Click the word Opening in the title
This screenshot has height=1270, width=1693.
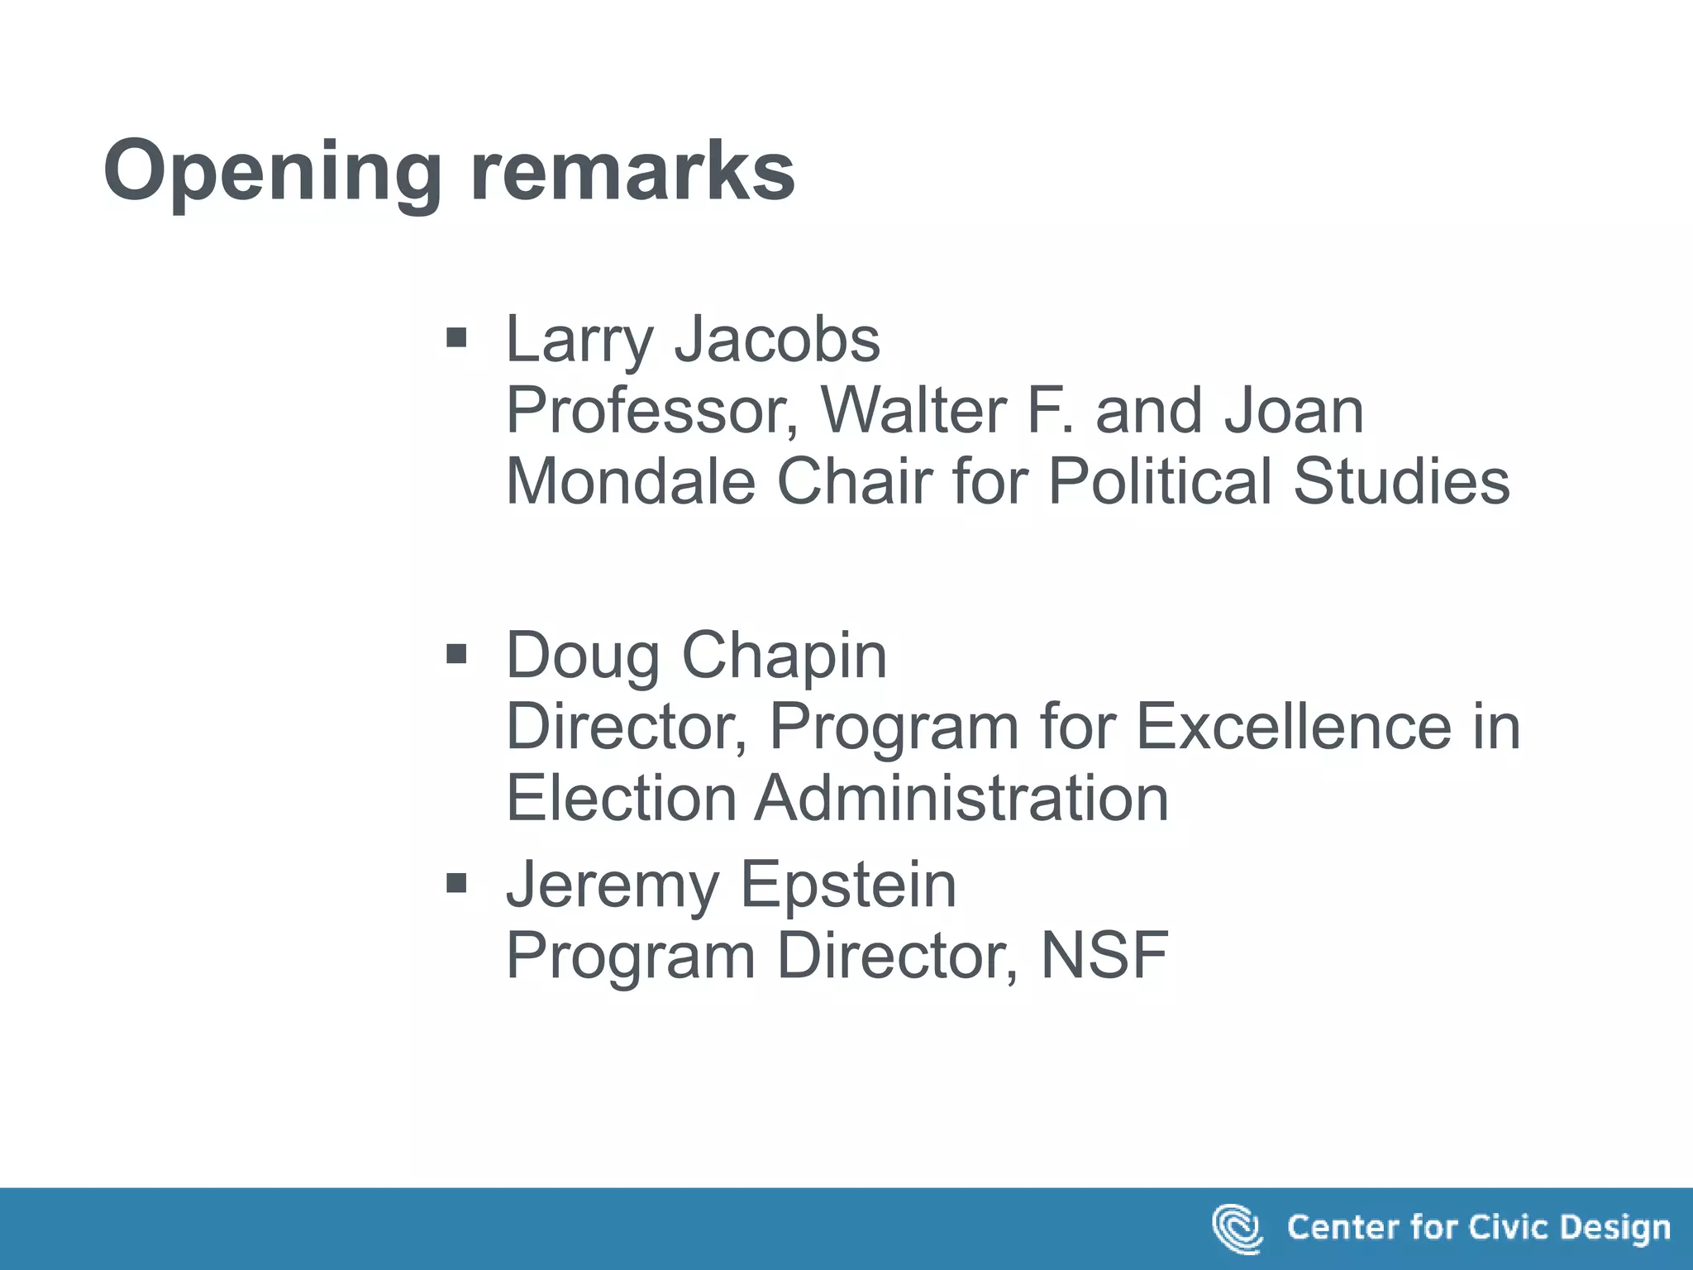click(x=272, y=171)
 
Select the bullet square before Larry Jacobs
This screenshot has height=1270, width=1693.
click(x=456, y=337)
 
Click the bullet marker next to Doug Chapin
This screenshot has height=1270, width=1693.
click(x=456, y=655)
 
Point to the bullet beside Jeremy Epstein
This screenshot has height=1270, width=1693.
click(x=456, y=884)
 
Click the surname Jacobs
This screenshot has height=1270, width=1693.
click(x=777, y=339)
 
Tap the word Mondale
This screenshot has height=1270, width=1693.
click(x=630, y=481)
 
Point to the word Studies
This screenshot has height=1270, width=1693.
click(x=1401, y=481)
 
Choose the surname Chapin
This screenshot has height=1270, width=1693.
click(x=784, y=656)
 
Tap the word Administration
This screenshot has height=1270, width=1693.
click(x=961, y=798)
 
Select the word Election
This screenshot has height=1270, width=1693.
click(x=621, y=798)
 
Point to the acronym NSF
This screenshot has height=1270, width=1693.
click(x=1104, y=956)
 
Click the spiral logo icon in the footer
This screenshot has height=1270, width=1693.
click(x=1237, y=1229)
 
